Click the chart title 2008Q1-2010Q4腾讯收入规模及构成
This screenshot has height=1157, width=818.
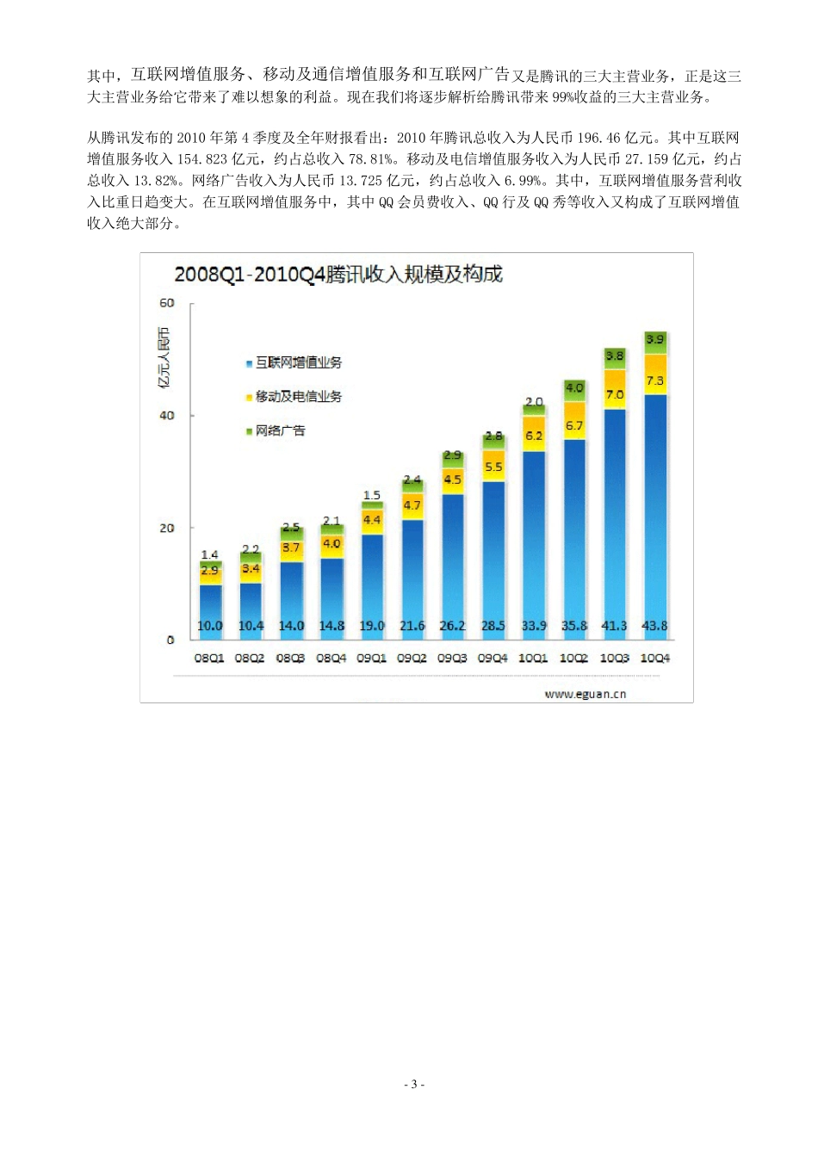[338, 275]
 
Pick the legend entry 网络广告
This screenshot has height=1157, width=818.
[280, 430]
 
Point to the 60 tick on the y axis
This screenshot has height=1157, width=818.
[166, 303]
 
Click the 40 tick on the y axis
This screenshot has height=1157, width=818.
[166, 416]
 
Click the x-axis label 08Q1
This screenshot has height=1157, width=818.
[209, 658]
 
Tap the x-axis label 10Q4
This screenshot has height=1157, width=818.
[655, 658]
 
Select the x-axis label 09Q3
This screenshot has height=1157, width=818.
[452, 658]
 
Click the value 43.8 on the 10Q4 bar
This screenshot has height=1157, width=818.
[655, 626]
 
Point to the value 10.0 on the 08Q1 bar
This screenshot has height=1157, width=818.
[210, 626]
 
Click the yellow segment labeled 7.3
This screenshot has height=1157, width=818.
[655, 381]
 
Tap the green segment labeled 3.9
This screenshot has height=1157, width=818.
[655, 340]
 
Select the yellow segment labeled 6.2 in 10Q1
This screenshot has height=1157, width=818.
[534, 436]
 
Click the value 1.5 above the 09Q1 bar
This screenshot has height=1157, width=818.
[372, 495]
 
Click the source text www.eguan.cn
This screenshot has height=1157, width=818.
[585, 694]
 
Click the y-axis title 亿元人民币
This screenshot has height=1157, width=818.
[164, 356]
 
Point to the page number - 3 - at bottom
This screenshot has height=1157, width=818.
[413, 1085]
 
